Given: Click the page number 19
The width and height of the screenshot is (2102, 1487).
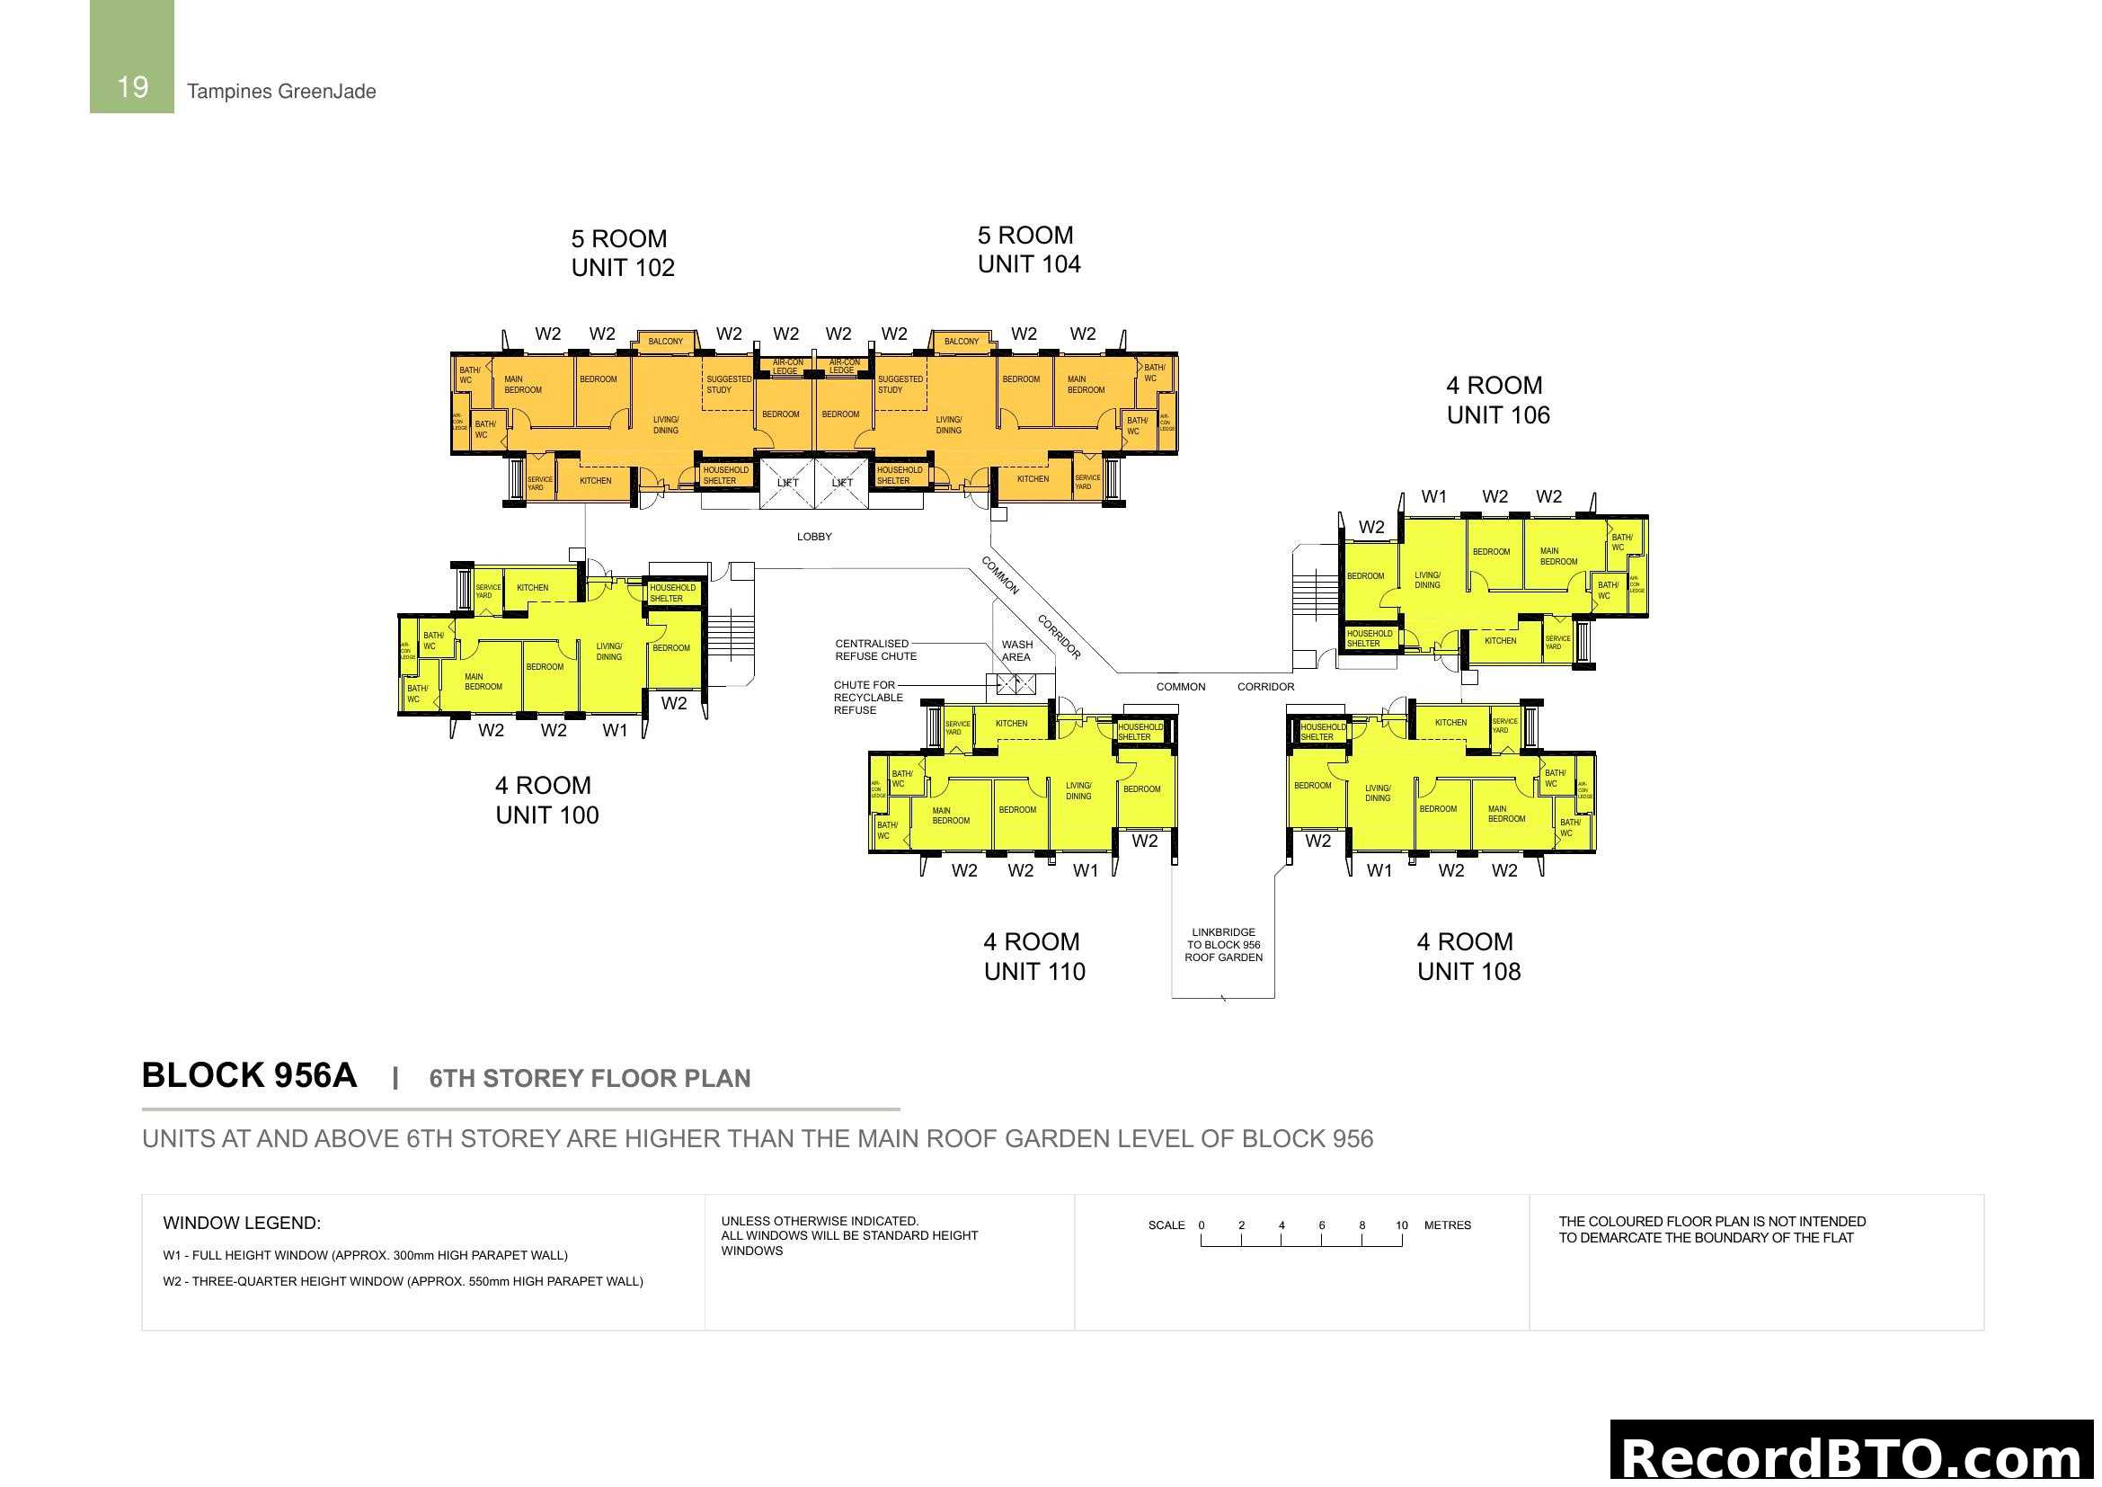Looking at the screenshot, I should tap(133, 87).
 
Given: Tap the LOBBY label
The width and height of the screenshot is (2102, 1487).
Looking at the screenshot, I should tap(814, 537).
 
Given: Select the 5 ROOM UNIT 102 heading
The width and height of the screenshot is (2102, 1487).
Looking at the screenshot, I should tap(623, 253).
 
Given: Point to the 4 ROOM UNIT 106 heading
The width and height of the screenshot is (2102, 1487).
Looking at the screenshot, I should tap(1498, 400).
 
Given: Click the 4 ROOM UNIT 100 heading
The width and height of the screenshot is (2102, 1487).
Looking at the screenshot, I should tap(546, 800).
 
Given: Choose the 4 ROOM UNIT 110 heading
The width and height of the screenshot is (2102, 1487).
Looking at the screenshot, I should tap(1034, 957).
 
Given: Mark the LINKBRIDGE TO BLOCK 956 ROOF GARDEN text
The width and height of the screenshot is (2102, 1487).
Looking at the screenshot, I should tap(1223, 945).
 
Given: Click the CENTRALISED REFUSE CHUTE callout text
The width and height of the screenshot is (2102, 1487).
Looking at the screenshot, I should tap(875, 650).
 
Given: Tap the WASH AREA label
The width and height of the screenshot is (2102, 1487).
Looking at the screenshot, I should tap(1016, 651).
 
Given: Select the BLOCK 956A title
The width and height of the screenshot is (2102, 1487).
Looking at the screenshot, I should tap(249, 1076).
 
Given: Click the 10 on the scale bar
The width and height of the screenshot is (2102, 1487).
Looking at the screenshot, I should tap(1402, 1225).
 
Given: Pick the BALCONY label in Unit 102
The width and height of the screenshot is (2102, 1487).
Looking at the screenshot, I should tap(666, 342).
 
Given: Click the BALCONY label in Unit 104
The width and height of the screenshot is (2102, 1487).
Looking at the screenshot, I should tap(962, 342).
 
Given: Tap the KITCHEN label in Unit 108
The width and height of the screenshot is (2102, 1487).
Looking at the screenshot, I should tap(1450, 723).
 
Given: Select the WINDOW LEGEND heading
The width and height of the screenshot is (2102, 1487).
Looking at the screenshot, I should tap(242, 1224).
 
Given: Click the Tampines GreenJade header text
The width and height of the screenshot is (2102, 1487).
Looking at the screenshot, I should tap(281, 92).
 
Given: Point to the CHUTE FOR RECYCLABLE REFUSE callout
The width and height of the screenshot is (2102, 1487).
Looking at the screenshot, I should tap(867, 698).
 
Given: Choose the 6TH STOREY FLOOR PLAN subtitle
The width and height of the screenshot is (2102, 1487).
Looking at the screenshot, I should tap(590, 1079).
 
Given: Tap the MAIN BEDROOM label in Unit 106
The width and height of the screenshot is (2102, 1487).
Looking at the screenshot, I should tap(1558, 557).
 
